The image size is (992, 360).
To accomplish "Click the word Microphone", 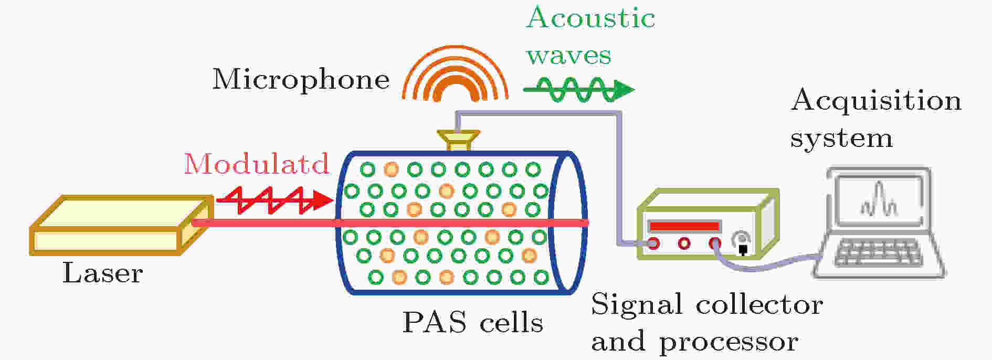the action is tap(301, 80).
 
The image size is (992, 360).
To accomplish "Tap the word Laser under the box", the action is tap(103, 273).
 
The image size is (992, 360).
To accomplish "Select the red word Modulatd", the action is tap(257, 164).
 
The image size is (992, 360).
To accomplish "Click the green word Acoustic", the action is tap(591, 18).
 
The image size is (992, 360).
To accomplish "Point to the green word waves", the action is tap(569, 56).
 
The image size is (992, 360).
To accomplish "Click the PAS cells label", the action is tap(472, 322).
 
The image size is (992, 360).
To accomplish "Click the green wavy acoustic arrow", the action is tap(579, 90).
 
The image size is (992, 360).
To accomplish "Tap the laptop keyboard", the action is tap(878, 254).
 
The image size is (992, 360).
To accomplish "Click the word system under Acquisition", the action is tap(841, 139).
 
